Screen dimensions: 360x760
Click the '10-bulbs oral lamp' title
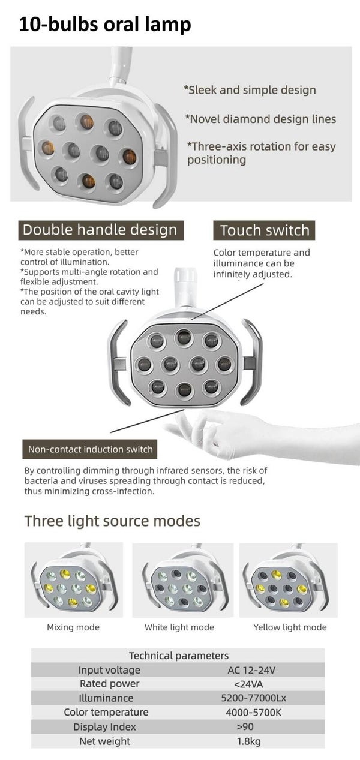(105, 25)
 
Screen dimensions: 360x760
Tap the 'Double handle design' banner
(101, 230)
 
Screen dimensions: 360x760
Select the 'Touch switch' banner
(264, 230)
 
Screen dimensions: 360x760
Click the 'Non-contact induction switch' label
(90, 449)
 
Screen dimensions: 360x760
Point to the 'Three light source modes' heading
(112, 521)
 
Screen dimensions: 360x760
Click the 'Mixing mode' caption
(73, 627)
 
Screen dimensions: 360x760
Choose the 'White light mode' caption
(179, 627)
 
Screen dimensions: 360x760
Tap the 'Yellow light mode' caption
(290, 627)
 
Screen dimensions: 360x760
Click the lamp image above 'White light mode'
(183, 580)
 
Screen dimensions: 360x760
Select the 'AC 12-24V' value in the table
(251, 670)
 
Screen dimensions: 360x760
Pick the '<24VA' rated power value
(248, 684)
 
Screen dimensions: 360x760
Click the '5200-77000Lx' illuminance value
(253, 698)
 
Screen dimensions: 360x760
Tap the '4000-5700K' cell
(253, 712)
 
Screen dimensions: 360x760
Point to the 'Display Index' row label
(104, 727)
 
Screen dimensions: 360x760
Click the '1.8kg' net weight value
(249, 741)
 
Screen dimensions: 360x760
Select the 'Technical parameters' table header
(179, 656)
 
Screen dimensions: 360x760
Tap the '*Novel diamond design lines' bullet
(260, 119)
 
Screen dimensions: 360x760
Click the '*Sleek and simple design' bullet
(250, 90)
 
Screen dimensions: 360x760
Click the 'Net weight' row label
(104, 741)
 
